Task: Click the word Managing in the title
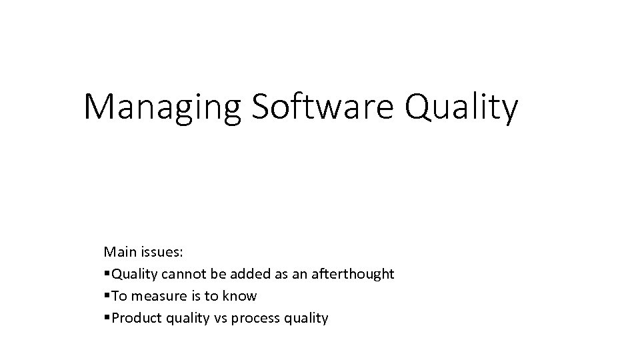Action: [163, 107]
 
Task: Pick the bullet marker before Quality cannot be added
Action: [107, 274]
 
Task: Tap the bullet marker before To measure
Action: [107, 296]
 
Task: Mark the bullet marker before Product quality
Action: [107, 318]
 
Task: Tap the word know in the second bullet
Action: [243, 296]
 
